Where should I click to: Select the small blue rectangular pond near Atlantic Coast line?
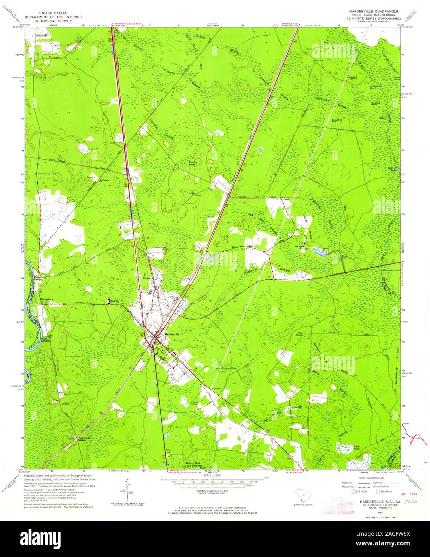coord(261,150)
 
